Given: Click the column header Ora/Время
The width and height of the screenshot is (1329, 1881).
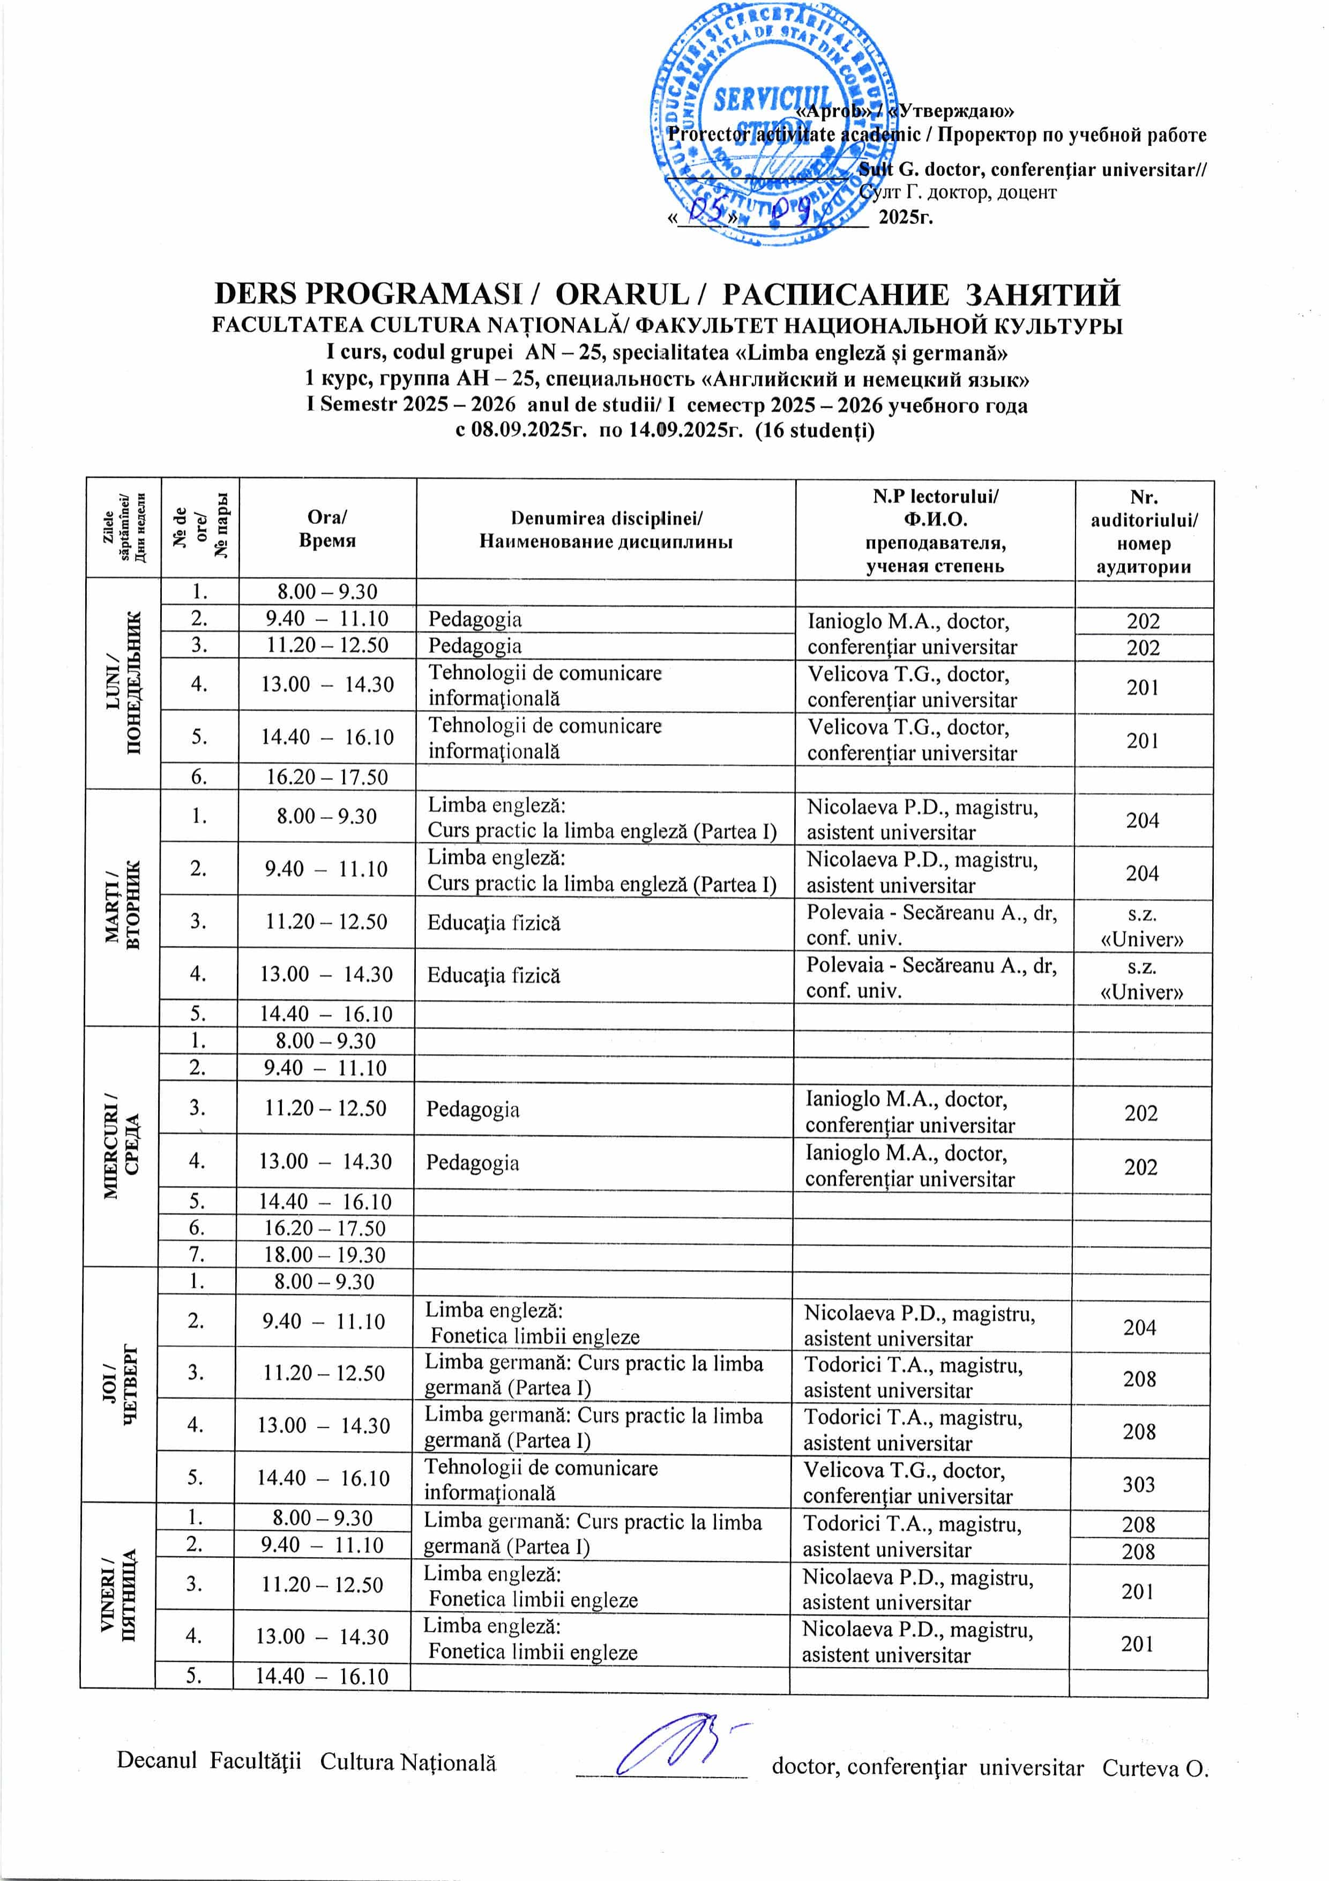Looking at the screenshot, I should coord(327,528).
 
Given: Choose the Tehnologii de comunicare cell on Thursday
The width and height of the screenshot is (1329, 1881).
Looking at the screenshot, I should coord(541,1479).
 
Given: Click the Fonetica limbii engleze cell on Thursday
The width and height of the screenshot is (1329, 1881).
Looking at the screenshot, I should coord(532,1323).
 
